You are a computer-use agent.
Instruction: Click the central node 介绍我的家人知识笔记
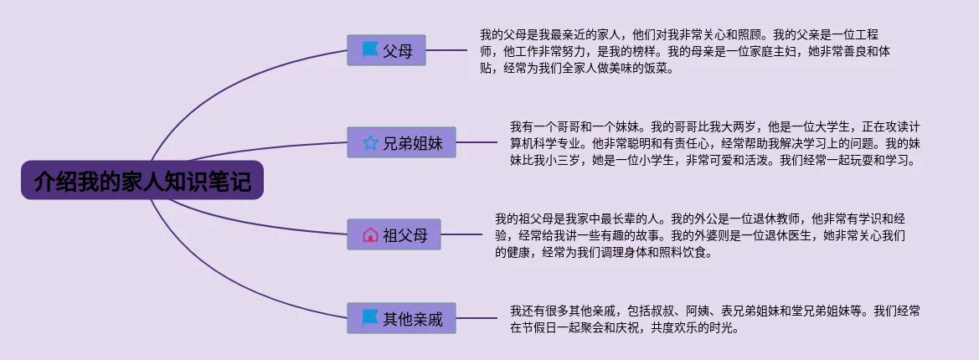(142, 180)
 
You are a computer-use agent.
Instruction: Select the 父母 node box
(386, 50)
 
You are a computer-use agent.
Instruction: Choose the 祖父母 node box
(394, 235)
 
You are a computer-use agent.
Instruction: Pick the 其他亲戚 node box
(402, 319)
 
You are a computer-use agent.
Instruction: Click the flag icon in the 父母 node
(369, 50)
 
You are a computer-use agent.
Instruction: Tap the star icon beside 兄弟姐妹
(370, 143)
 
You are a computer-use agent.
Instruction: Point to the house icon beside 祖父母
(370, 235)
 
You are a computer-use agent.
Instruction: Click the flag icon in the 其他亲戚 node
(369, 319)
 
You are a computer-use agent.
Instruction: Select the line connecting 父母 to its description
(446, 50)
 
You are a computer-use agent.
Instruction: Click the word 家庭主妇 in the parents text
(788, 52)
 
